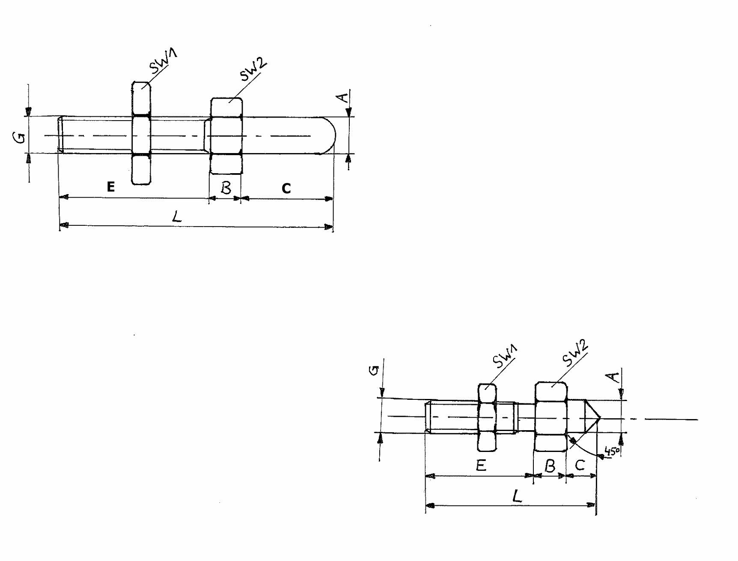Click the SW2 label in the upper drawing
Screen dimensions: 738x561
pos(253,69)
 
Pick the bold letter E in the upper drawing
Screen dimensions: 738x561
pos(111,187)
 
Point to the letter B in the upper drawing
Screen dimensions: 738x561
pos(226,188)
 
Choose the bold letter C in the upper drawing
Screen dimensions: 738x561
pos(286,188)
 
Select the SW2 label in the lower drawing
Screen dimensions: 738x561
pos(575,353)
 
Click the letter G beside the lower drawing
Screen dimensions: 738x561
pos(374,370)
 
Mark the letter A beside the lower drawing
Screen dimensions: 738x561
pos(614,377)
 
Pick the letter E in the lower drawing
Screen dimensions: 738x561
pos(481,465)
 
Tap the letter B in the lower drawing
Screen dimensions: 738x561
pos(550,466)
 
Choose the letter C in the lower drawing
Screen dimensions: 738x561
pos(580,465)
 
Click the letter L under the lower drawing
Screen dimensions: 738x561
pos(517,496)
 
